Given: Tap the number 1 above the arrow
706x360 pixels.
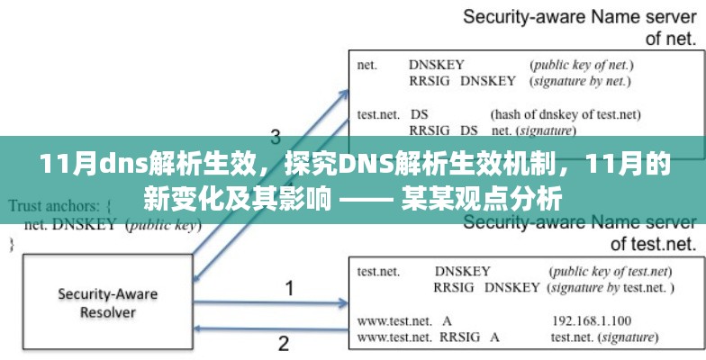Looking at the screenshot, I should [289, 289].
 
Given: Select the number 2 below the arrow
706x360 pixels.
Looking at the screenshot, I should [284, 343].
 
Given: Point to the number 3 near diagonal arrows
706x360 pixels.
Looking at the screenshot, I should [276, 137].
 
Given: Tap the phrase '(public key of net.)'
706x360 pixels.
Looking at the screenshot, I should [582, 65].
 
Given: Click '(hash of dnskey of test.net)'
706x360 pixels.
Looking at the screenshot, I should [565, 114].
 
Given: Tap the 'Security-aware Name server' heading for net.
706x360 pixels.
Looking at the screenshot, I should [580, 17].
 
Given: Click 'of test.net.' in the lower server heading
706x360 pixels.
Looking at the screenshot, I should [654, 243].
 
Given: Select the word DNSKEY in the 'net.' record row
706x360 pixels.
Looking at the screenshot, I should [436, 65].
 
